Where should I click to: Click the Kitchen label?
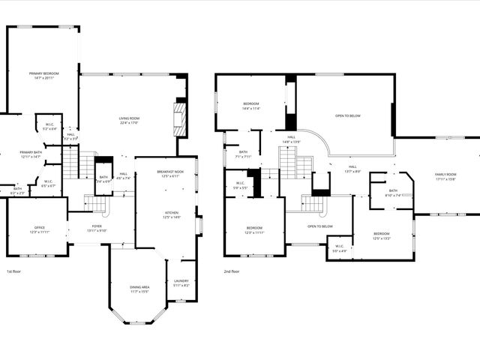click(172, 214)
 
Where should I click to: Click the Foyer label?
click(97, 228)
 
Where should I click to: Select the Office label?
click(40, 229)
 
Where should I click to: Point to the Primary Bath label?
click(31, 154)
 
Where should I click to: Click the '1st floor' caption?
click(13, 271)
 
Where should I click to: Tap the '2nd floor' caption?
click(231, 271)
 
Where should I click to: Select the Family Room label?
click(445, 176)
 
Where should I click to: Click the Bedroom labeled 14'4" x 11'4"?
click(250, 106)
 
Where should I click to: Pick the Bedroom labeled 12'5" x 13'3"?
click(382, 237)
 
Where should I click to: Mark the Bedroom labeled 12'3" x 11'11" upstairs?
click(255, 229)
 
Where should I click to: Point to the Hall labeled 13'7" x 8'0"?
click(352, 169)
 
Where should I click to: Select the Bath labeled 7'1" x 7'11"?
click(243, 154)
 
